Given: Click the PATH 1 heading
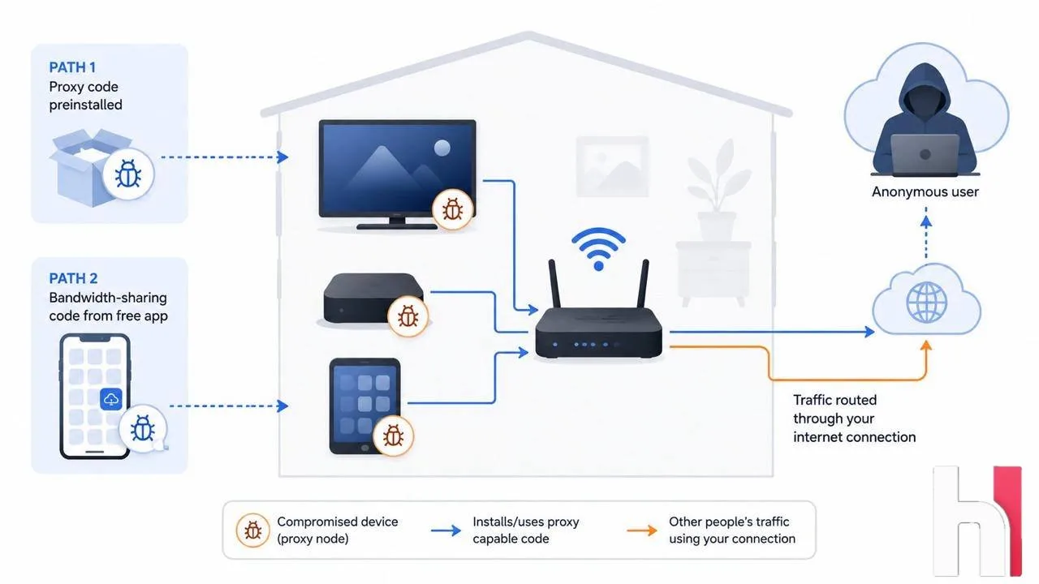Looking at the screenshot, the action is (72, 67).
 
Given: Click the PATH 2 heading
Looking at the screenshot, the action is (73, 278).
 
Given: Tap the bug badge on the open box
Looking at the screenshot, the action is (128, 174).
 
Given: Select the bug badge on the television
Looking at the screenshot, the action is (452, 209).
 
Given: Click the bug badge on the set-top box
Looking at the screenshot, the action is (407, 316).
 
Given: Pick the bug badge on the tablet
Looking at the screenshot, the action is (394, 436).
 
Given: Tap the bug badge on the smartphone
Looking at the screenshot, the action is (142, 429).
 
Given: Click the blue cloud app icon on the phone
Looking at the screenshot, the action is (111, 399).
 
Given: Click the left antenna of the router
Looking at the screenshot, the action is (554, 284).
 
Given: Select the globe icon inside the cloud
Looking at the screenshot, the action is (926, 303).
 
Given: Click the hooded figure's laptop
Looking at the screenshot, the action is (925, 155).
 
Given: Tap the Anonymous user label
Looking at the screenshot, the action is (925, 192).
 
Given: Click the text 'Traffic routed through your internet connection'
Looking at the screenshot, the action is (855, 419).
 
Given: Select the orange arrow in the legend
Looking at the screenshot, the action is (642, 530).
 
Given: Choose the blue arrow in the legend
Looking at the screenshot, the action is (446, 530).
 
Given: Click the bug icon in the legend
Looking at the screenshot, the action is (252, 530).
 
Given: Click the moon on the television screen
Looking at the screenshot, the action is (442, 148).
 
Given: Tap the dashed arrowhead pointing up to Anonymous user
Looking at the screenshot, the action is (926, 221).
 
